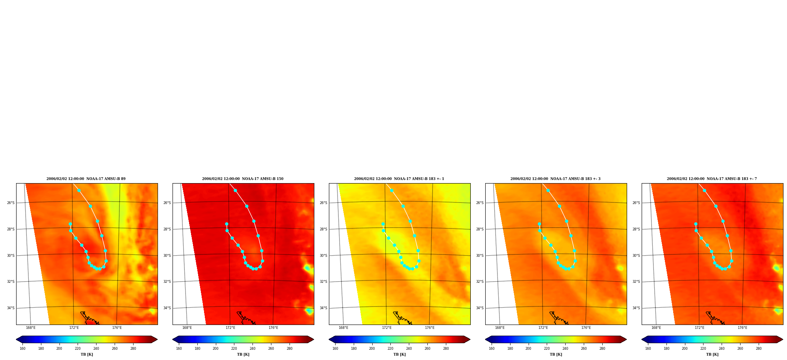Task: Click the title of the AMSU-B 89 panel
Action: [86, 179]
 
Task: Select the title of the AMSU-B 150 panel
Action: [243, 179]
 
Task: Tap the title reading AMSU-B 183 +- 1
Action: [399, 179]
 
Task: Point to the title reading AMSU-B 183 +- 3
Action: [555, 179]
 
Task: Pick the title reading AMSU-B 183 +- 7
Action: [712, 179]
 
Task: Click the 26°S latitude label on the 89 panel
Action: [11, 203]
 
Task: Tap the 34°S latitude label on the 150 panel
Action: [167, 308]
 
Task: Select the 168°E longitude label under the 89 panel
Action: [31, 328]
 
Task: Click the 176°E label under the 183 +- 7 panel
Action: [742, 328]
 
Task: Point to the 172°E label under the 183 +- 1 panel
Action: [387, 328]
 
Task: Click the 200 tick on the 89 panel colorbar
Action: [59, 349]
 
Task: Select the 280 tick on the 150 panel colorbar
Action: [290, 349]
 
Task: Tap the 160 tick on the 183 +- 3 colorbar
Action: [492, 349]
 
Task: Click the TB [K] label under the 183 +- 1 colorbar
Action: [399, 354]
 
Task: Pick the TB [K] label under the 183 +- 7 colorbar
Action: [712, 354]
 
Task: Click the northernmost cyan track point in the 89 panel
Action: [79, 190]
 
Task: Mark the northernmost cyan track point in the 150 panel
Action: [235, 190]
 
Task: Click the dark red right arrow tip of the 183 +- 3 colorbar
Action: [626, 340]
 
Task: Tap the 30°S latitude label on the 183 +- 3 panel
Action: [480, 256]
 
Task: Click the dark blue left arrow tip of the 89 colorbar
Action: [17, 340]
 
